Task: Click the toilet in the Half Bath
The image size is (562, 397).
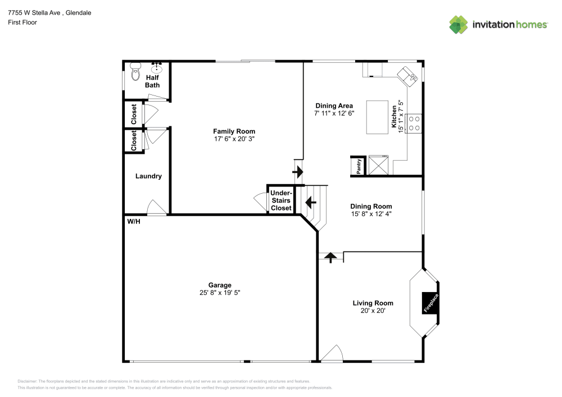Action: (x=135, y=72)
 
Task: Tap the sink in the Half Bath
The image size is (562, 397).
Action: (x=156, y=69)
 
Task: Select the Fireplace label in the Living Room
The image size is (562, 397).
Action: (x=430, y=303)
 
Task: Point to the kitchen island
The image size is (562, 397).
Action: (x=378, y=117)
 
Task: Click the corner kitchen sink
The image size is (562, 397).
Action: (x=407, y=76)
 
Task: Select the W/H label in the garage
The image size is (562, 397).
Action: (x=133, y=222)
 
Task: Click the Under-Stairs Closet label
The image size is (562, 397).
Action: (x=281, y=200)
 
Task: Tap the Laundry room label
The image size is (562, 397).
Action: (x=148, y=176)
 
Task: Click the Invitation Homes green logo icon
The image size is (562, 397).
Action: (x=459, y=24)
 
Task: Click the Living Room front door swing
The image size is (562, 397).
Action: (x=333, y=354)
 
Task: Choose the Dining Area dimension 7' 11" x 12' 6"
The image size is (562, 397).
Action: (x=334, y=113)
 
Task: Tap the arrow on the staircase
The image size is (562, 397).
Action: (x=310, y=200)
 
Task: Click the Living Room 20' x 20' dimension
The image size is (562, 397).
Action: (x=373, y=311)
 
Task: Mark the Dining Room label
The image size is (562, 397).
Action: (x=371, y=206)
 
